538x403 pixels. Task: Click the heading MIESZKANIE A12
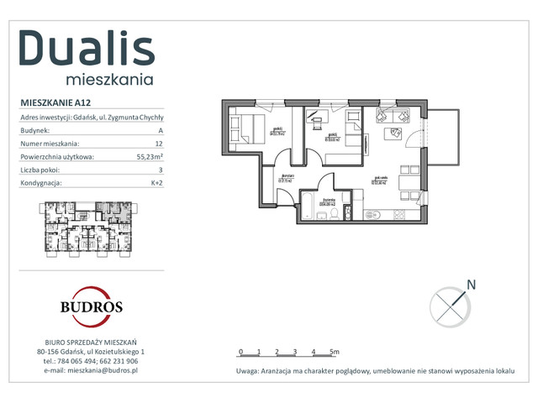tap(55, 102)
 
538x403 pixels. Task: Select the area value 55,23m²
tap(150, 156)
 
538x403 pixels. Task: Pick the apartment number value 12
tap(158, 144)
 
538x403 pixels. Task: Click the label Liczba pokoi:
tap(42, 170)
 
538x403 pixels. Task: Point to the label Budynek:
tap(35, 131)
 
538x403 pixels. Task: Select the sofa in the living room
tap(391, 116)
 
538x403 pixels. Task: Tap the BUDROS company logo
tap(91, 306)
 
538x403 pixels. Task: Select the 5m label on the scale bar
tap(334, 352)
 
